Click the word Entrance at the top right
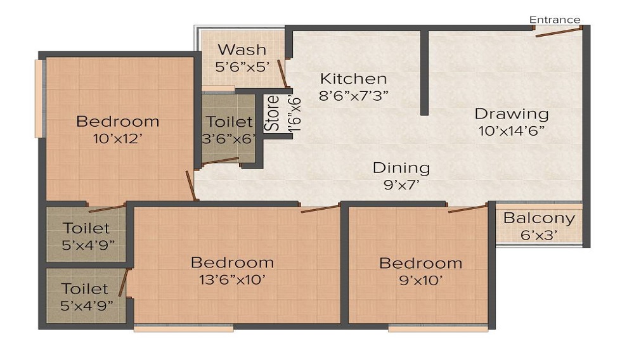[555, 20]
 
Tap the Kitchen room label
[353, 79]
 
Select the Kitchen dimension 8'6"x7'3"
[353, 96]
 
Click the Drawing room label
[512, 114]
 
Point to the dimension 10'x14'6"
[512, 131]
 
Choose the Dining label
[401, 168]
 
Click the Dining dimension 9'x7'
[401, 185]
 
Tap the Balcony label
[539, 219]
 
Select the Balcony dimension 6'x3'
[539, 235]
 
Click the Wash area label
[242, 49]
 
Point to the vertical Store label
[272, 113]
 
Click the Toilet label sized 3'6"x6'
[230, 121]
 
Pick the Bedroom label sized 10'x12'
[117, 121]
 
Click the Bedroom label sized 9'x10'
[420, 263]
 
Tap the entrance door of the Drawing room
[558, 32]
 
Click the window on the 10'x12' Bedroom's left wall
[39, 98]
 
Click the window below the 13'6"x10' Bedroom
[184, 328]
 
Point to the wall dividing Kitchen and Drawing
[424, 73]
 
